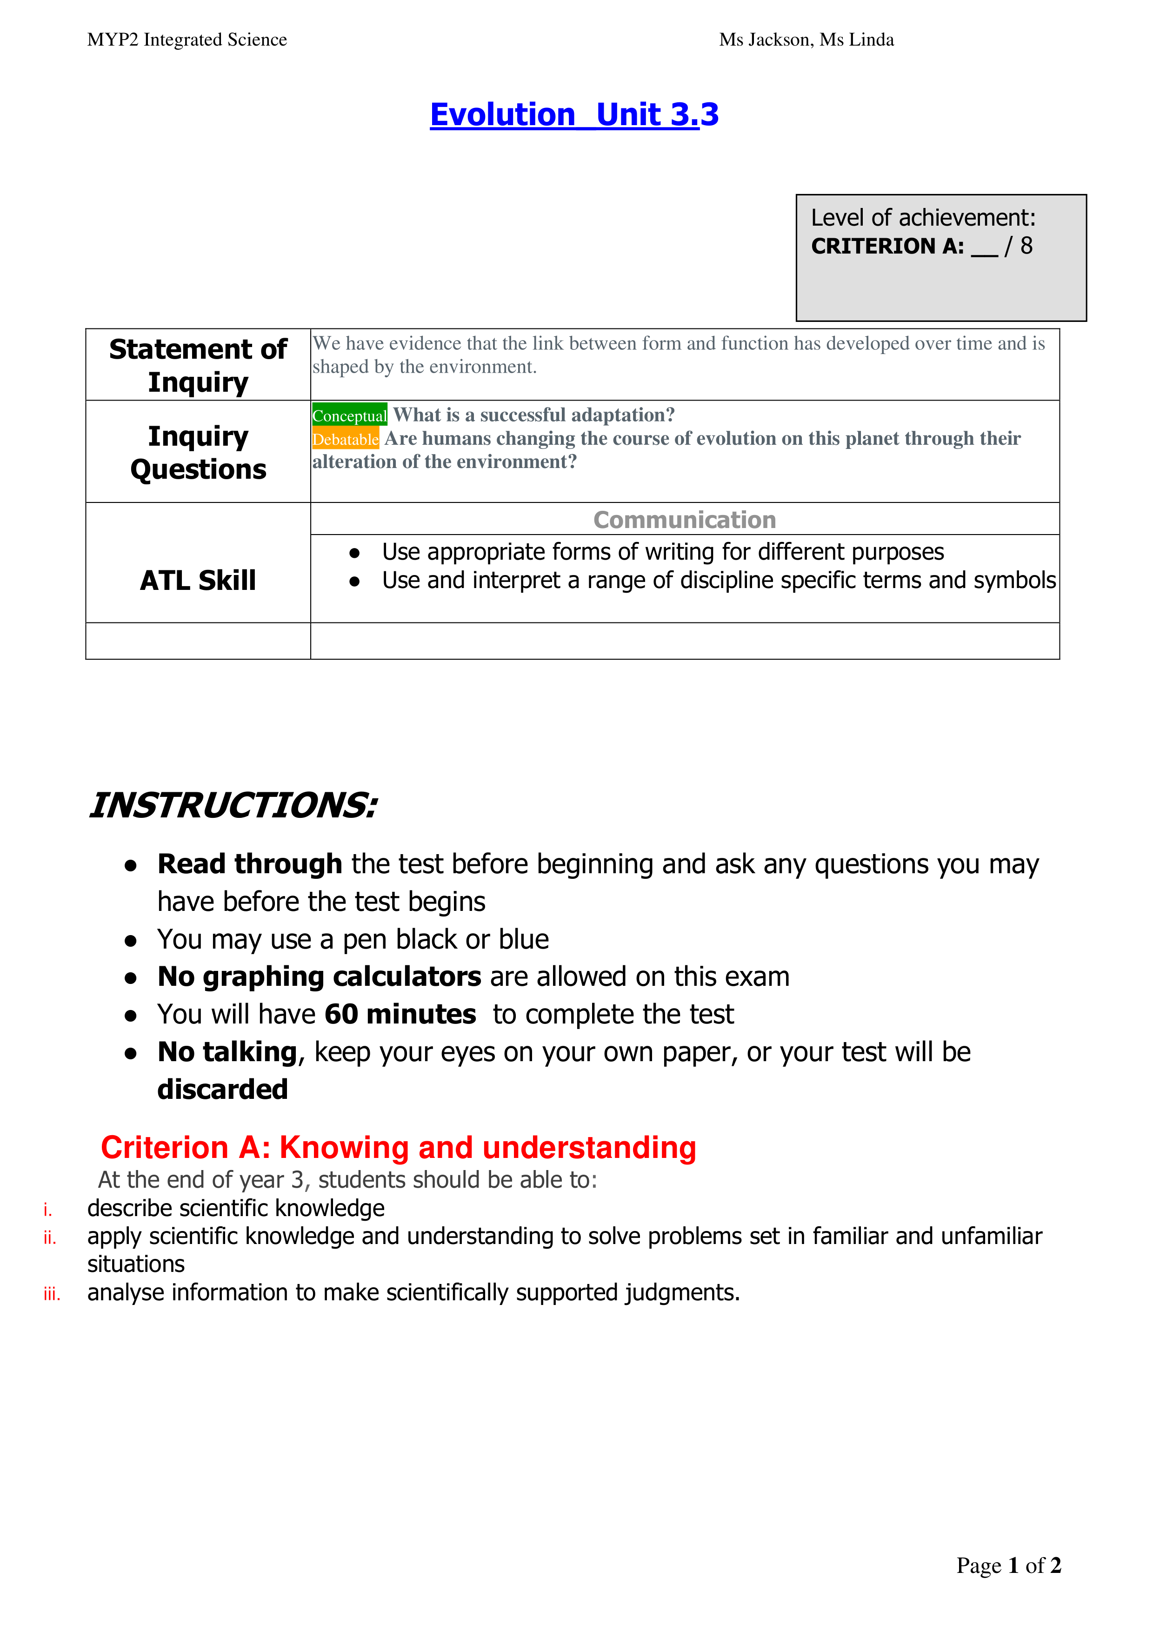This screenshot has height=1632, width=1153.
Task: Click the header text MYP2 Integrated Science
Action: (x=187, y=40)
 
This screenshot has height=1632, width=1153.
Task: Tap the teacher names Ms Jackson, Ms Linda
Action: (x=806, y=40)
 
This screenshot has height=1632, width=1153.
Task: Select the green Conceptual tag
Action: (x=349, y=415)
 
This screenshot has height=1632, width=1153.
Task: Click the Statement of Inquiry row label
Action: (x=198, y=365)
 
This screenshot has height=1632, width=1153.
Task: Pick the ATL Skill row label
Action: (x=198, y=580)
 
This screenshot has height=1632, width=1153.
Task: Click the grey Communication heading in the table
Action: (x=684, y=520)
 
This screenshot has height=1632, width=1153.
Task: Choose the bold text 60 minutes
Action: (x=400, y=1014)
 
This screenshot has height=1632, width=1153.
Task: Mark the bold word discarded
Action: (x=222, y=1090)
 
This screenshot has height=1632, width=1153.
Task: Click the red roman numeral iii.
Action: (x=51, y=1294)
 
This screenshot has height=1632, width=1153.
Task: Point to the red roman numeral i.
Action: (x=47, y=1210)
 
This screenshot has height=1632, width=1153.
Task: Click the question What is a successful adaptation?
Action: (x=533, y=415)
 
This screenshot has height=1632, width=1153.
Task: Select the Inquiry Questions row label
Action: (x=198, y=452)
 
